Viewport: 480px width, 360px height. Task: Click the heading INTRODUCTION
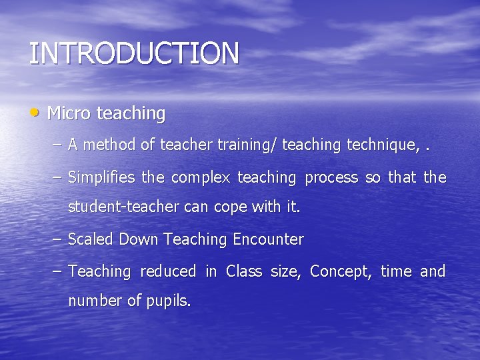click(133, 53)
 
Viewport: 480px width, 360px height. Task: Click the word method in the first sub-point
click(109, 145)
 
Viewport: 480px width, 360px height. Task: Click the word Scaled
click(91, 239)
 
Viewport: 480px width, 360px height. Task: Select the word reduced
click(168, 271)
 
